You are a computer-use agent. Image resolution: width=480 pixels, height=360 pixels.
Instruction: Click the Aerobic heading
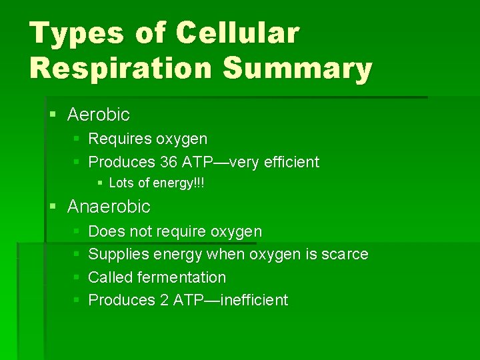coord(99,115)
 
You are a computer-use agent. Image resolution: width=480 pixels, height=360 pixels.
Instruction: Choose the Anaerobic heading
coord(109,207)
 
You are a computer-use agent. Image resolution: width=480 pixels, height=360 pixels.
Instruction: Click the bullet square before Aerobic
coord(54,115)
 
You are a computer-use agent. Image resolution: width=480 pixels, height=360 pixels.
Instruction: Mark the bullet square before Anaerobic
coord(54,207)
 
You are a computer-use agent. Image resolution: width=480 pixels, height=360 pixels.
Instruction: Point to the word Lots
coord(121,183)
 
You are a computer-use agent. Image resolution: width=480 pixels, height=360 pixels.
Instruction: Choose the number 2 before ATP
coord(164,300)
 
